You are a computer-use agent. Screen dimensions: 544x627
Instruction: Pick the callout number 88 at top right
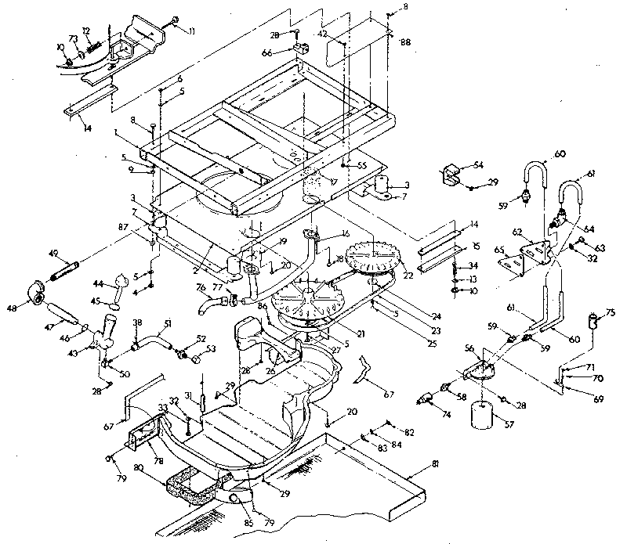click(405, 41)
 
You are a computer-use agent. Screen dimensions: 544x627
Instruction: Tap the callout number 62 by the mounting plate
click(516, 232)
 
